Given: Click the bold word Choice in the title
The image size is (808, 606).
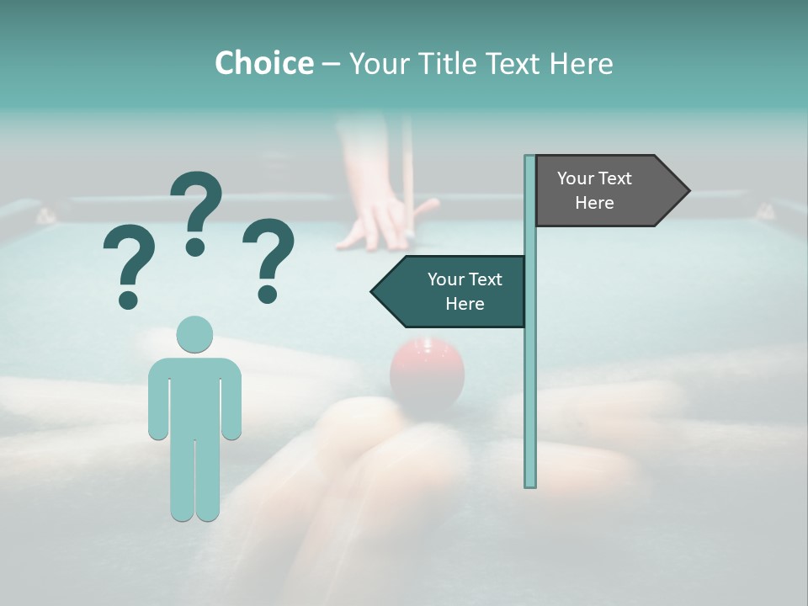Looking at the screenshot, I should point(263,63).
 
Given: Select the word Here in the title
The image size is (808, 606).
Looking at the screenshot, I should point(581,63).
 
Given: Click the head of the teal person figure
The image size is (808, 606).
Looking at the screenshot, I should point(195,334).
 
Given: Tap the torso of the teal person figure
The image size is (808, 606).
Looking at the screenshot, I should point(195,396).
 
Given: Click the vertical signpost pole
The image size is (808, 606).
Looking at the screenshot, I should point(530,379).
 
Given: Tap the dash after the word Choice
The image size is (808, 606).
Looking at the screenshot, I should point(332,64).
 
